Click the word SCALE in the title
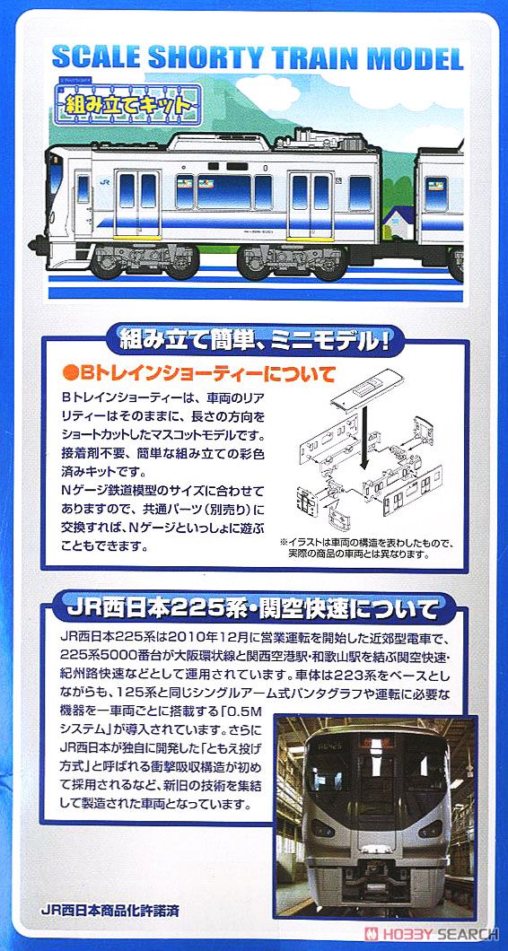click(94, 57)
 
